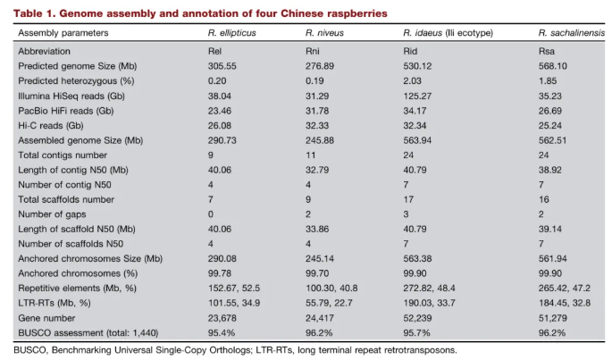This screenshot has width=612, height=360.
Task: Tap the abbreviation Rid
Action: click(x=411, y=51)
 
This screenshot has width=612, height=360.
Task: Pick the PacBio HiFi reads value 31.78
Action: click(x=320, y=110)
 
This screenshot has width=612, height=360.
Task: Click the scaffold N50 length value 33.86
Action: click(x=320, y=228)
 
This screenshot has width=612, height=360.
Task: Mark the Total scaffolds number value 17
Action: click(x=408, y=198)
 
